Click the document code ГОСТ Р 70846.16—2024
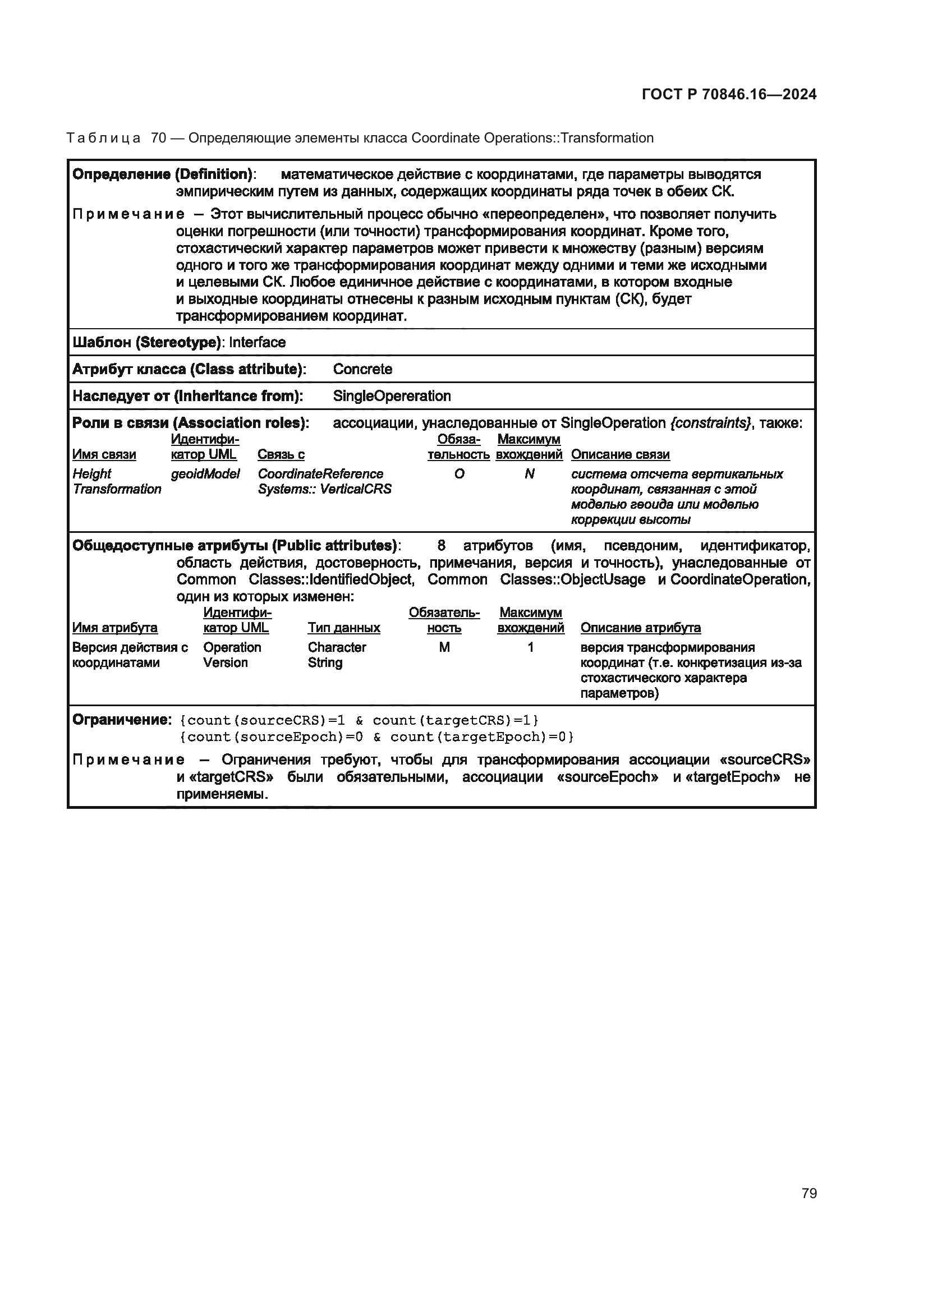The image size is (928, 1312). [729, 94]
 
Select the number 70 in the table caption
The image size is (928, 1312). [158, 139]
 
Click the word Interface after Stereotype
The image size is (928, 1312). [257, 342]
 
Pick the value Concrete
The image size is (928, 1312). [362, 369]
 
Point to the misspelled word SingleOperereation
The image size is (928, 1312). [392, 396]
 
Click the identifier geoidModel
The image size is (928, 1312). [205, 474]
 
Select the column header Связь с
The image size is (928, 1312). [281, 454]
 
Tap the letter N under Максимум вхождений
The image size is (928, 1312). [529, 474]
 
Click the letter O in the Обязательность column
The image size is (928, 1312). [459, 474]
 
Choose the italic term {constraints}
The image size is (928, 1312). [710, 423]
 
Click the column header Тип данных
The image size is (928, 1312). [343, 628]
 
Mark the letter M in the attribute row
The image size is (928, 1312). [444, 647]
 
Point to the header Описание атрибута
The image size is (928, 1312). [640, 628]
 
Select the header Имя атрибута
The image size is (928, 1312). [115, 628]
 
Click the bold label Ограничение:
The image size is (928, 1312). [121, 720]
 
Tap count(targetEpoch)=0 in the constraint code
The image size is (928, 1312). [481, 737]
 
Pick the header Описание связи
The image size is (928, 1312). [620, 454]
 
